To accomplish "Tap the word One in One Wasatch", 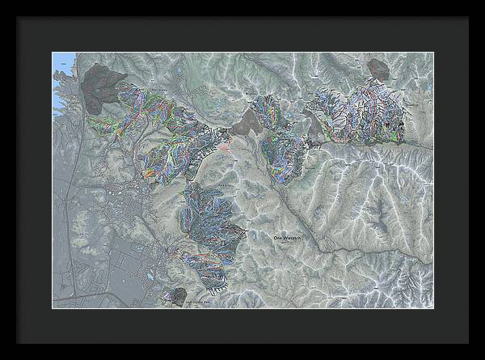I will (278, 237).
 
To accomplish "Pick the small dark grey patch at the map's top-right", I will (377, 69).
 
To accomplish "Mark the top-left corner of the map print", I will (53, 53).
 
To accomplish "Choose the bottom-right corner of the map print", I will (432, 307).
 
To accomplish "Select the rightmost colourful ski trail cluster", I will (364, 113).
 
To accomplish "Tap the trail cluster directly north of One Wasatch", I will (279, 138).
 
